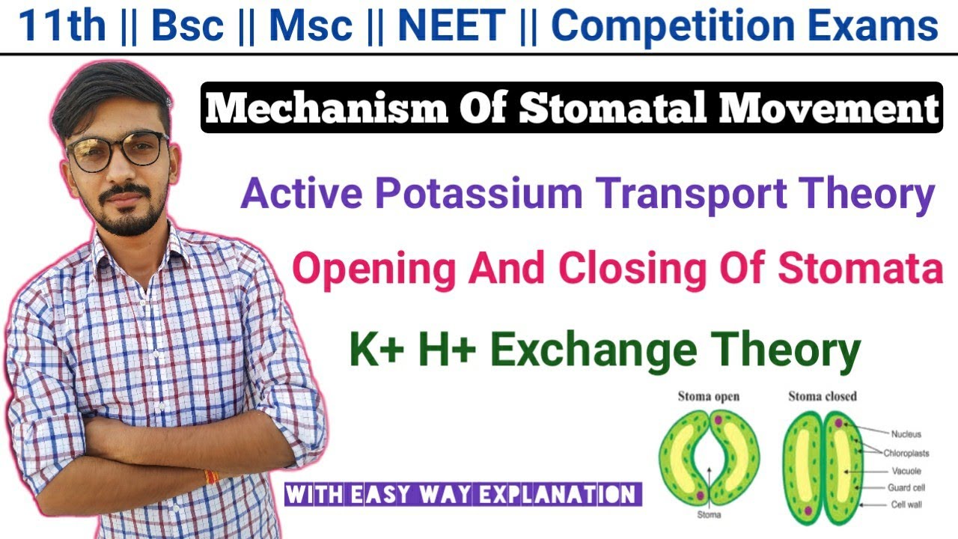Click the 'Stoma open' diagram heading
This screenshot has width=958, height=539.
coord(707,396)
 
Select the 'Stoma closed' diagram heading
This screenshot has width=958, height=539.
coord(822,396)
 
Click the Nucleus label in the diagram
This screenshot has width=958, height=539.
coord(906,433)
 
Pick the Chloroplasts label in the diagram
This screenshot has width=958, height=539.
coord(906,453)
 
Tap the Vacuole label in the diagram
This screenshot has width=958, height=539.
coord(906,472)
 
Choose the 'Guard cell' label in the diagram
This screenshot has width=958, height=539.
coord(907,488)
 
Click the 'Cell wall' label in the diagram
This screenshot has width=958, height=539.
coord(906,505)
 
